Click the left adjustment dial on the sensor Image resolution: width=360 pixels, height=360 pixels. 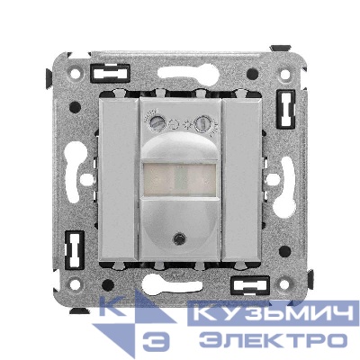point(156,122)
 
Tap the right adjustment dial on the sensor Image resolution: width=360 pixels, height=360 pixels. point(201,123)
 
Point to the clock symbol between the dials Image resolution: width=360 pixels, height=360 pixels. point(174,123)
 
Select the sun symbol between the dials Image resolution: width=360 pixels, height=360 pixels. point(188,123)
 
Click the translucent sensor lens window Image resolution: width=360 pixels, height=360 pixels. point(180,179)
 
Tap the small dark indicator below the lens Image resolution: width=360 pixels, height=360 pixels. point(179,238)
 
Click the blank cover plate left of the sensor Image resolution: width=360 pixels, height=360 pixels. point(119,179)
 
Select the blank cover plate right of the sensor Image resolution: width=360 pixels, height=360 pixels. point(242,179)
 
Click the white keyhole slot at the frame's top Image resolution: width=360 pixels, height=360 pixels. point(187,72)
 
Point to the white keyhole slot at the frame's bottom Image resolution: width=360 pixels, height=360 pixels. point(173,283)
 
